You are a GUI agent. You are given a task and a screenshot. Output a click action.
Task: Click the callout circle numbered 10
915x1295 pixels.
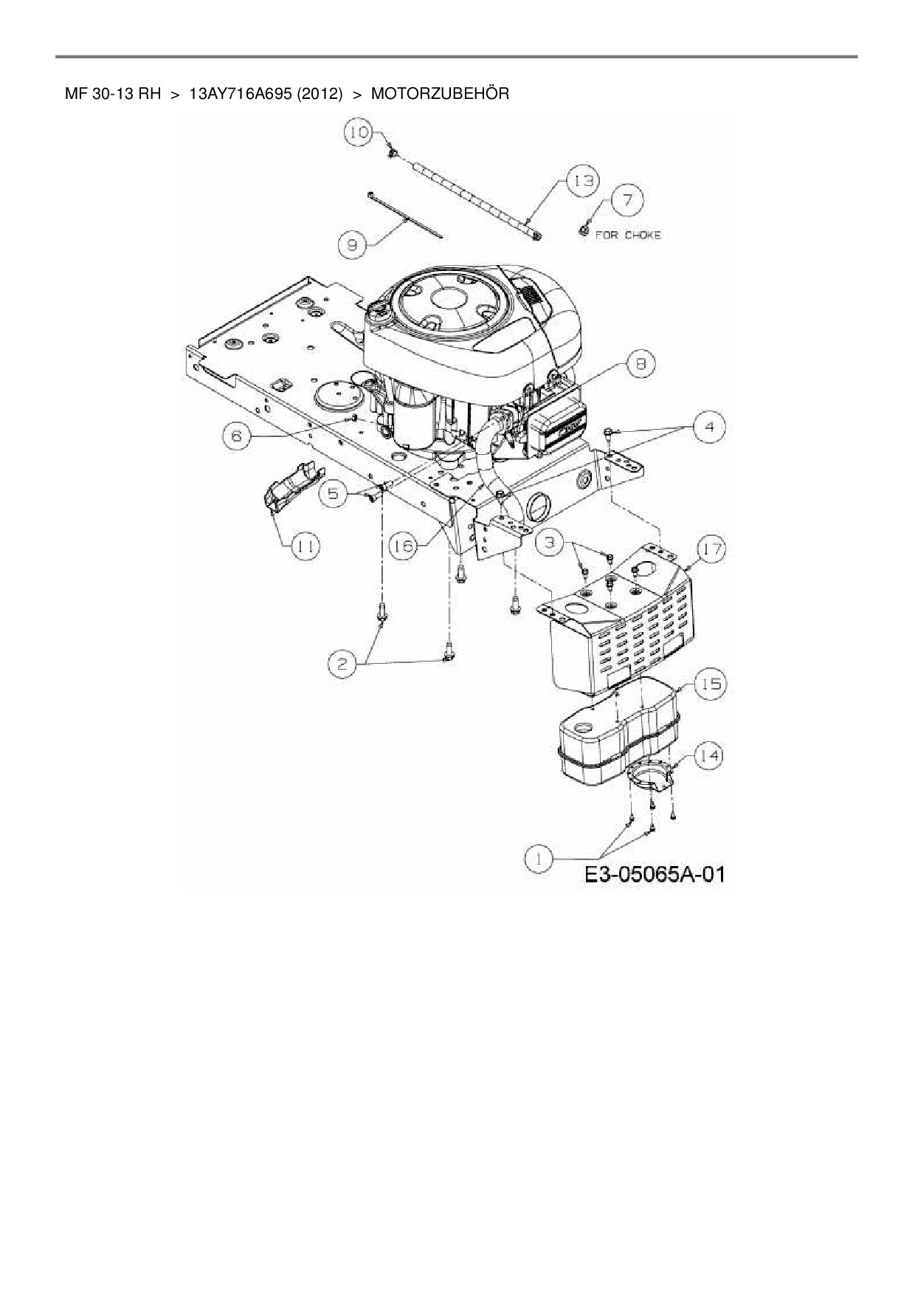tap(359, 133)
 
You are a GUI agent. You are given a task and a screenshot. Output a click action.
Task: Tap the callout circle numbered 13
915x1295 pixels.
tap(583, 182)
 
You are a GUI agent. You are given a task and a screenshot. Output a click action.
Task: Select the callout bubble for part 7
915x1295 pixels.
tap(627, 199)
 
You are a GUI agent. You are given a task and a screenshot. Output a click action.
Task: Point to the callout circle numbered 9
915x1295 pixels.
tap(353, 244)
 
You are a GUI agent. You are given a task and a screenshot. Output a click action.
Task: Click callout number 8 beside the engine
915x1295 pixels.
tap(640, 364)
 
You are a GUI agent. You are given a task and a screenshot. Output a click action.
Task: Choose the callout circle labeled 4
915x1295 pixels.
tap(709, 427)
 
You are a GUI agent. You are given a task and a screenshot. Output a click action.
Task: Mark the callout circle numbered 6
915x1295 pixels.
tap(237, 436)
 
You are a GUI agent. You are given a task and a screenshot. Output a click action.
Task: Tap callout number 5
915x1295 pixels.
tap(334, 493)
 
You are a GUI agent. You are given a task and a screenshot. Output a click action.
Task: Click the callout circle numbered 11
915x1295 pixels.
tap(304, 547)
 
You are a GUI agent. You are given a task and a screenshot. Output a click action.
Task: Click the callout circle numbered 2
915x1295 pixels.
tap(342, 664)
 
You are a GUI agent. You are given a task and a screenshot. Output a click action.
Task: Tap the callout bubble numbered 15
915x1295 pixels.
tap(710, 684)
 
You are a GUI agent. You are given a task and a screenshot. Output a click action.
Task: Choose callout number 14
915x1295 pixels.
tap(708, 755)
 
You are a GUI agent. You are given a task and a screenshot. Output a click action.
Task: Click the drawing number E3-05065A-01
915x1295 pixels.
tap(654, 876)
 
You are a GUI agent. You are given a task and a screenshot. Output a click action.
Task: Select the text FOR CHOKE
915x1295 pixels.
tap(628, 236)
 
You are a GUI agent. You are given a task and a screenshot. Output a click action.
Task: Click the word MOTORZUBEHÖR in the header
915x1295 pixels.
tap(439, 94)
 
